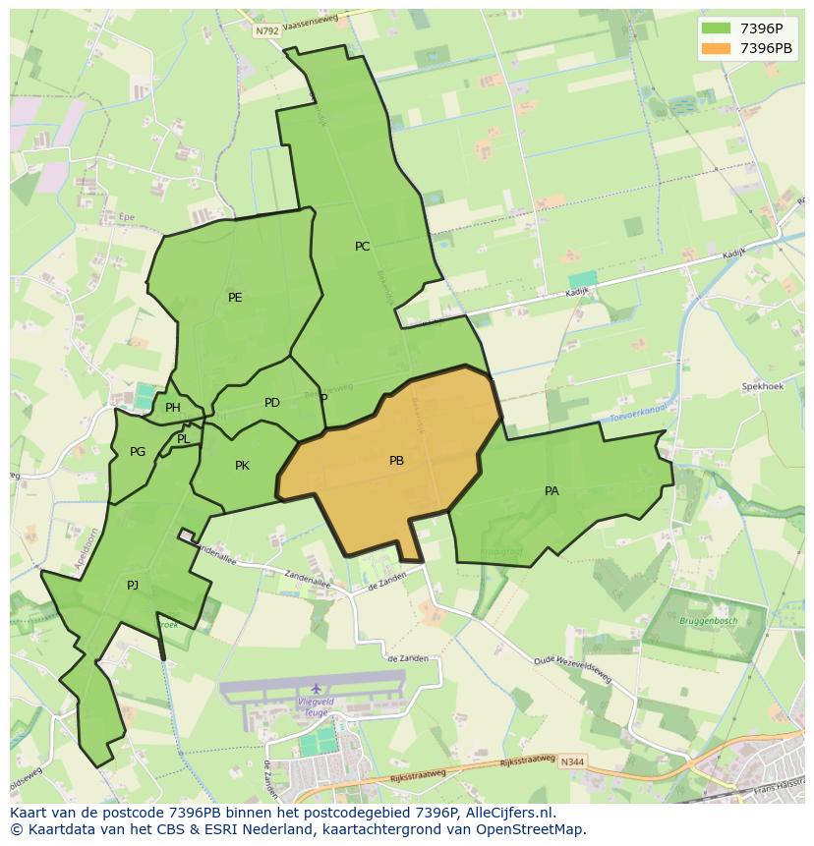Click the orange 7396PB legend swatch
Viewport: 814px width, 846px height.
pos(717,48)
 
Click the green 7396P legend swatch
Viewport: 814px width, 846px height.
pos(717,28)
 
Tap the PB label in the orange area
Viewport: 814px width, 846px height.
pos(396,461)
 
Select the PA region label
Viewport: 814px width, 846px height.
pos(552,491)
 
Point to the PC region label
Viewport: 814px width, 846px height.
pos(363,247)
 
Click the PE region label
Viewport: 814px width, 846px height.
pos(235,298)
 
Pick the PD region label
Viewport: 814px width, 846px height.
pos(272,403)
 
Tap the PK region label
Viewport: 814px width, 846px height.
pos(242,466)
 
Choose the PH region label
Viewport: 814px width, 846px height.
pos(173,408)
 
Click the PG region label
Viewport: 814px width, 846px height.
pos(138,452)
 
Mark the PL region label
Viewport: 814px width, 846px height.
pos(184,439)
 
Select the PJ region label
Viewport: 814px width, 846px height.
pos(133,586)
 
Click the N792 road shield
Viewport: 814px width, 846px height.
pos(267,31)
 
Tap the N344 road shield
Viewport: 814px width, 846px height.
pos(572,761)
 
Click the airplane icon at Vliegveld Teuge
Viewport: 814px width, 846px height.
pos(316,688)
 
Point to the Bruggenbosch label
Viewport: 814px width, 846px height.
pos(708,621)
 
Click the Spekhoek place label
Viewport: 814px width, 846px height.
pos(762,387)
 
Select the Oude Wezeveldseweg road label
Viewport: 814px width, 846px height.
pos(573,670)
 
